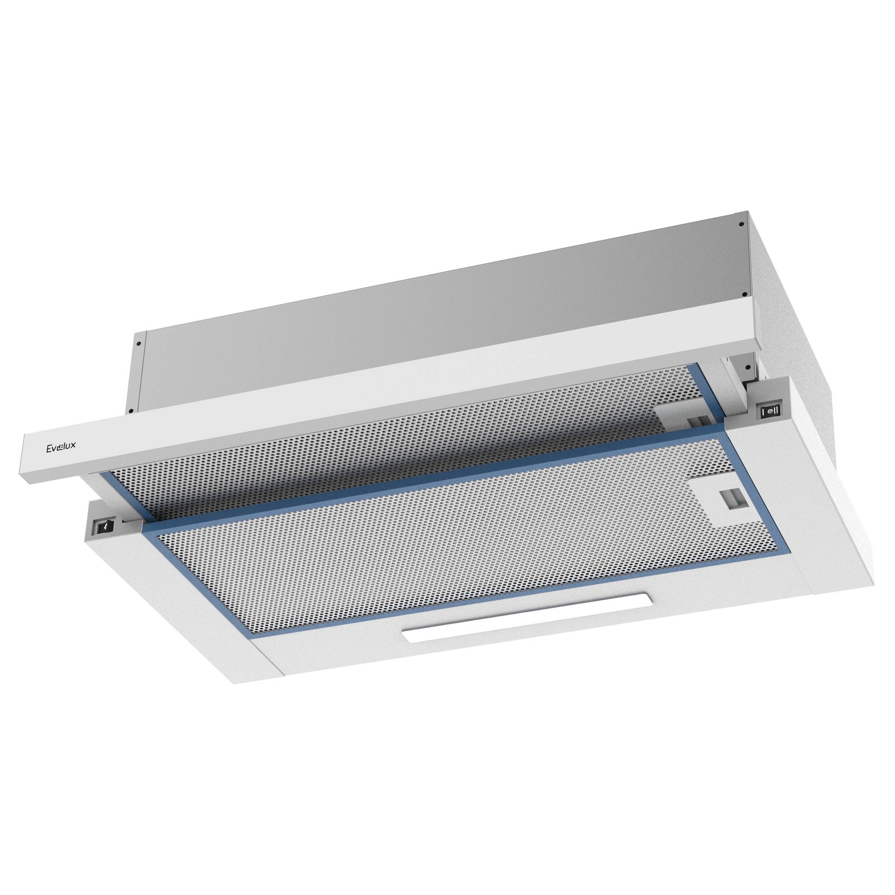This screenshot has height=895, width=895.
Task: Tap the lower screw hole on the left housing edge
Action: tap(131, 410)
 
